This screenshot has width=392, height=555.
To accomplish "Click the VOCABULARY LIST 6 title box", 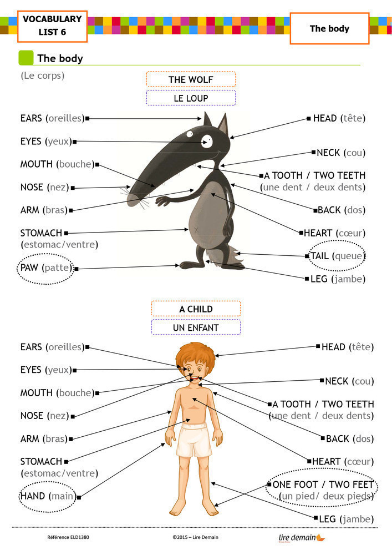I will [x=52, y=26].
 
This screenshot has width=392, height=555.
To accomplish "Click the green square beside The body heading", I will [x=26, y=58].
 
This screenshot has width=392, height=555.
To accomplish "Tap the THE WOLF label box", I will [x=191, y=79].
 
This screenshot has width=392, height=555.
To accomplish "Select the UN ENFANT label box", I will [x=196, y=327].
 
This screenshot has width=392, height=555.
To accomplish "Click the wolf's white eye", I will [x=207, y=140].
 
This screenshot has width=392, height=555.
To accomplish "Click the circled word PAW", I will [x=30, y=268].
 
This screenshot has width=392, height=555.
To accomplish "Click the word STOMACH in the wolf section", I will [x=41, y=233].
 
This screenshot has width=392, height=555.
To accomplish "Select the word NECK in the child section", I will [x=337, y=381].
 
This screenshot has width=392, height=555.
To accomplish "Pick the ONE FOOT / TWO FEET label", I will [x=323, y=485].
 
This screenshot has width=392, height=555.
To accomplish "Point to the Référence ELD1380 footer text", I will [x=68, y=537].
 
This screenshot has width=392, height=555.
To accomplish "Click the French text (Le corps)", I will [x=42, y=75].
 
